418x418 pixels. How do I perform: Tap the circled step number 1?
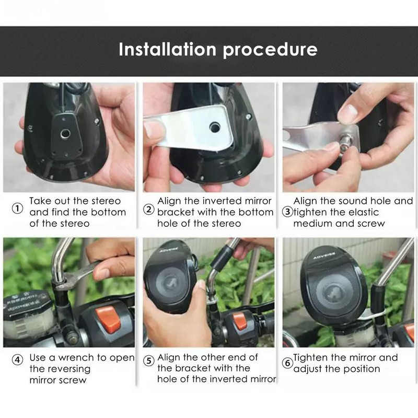coord(18,209)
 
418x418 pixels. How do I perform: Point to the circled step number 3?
coord(287,212)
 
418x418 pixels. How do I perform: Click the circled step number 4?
coord(18,361)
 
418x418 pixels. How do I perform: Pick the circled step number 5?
coord(149,361)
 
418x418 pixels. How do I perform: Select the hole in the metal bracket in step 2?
coord(214,127)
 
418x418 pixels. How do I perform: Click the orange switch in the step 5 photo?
coord(240,320)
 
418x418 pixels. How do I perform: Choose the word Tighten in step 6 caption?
coord(313,358)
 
